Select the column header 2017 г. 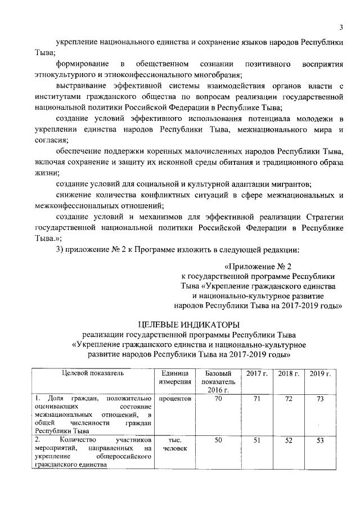256,374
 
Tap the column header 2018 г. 288,374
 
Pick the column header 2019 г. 319,374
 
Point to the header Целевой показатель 92,373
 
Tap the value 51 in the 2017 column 256,440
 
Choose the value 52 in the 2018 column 288,440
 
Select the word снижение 75,195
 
